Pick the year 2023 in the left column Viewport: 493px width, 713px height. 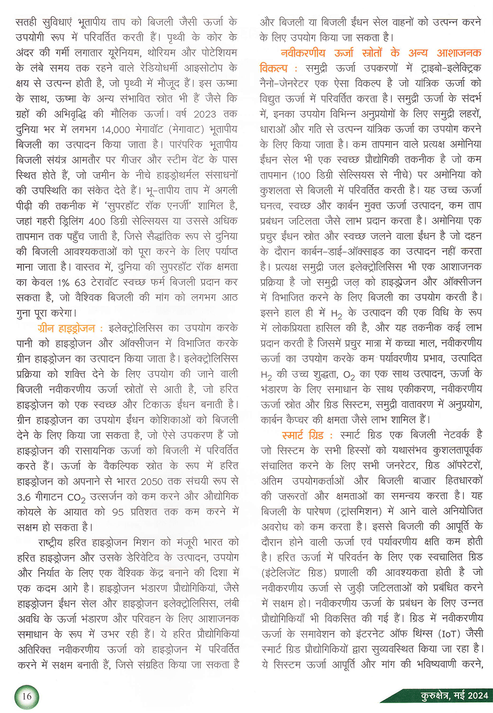[205, 114]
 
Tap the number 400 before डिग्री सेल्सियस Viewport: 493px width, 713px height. [97, 221]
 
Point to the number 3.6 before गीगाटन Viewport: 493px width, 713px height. [24, 497]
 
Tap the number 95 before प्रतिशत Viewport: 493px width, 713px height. [117, 512]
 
